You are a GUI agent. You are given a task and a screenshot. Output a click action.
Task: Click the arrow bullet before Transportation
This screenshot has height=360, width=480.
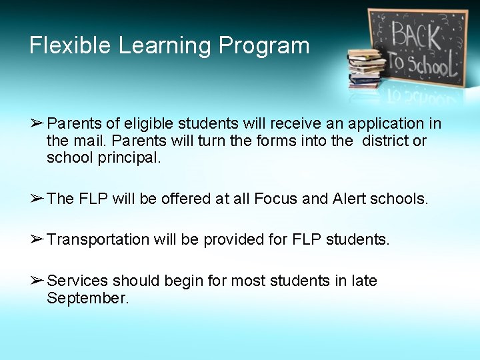click(x=37, y=239)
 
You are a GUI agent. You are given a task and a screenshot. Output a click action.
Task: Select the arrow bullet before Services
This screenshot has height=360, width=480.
click(x=37, y=281)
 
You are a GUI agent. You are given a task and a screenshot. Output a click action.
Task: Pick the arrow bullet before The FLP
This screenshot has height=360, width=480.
click(x=37, y=198)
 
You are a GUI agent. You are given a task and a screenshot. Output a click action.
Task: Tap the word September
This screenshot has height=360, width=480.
click(x=87, y=299)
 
